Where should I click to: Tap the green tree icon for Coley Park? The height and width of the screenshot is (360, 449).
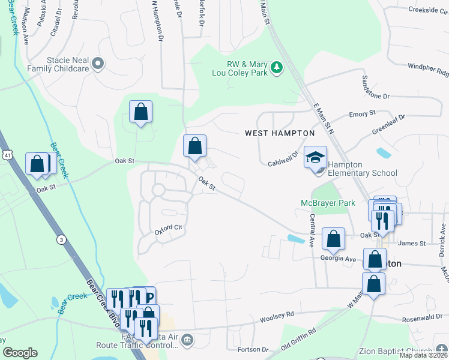pos(277,68)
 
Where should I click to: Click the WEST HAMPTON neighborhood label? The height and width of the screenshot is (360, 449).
pos(280,133)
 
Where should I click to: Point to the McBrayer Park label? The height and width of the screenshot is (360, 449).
pos(328,203)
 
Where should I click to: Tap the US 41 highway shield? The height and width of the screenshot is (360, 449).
pos(5,156)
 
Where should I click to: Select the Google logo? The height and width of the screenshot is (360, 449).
pos(20,353)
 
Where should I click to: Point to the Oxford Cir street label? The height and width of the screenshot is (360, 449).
pos(168,228)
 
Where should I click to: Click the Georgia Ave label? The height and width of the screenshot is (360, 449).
pos(339,259)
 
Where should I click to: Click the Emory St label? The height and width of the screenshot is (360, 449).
pos(362,113)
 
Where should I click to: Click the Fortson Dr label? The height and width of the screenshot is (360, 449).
pos(252,350)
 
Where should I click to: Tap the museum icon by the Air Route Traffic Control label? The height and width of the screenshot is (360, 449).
pos(187,341)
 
